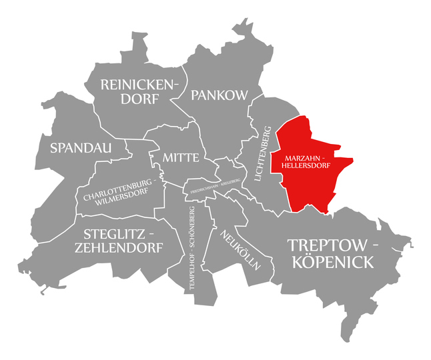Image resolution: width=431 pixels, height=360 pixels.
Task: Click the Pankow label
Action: (x=220, y=95)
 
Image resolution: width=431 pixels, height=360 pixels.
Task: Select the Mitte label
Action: (x=180, y=158)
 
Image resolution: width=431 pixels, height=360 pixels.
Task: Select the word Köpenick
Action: (x=330, y=263)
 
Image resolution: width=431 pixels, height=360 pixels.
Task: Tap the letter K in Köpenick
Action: (x=294, y=263)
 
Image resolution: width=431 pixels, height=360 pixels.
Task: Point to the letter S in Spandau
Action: (x=46, y=147)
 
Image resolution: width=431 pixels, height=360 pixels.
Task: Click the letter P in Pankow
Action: (x=195, y=95)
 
